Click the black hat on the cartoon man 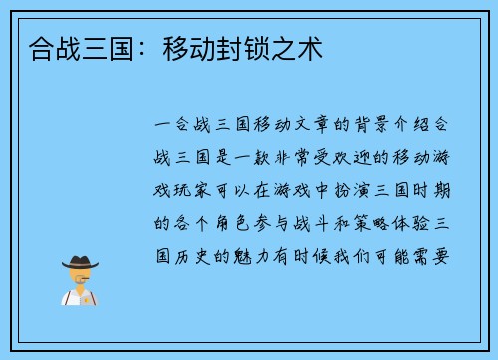(79, 262)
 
